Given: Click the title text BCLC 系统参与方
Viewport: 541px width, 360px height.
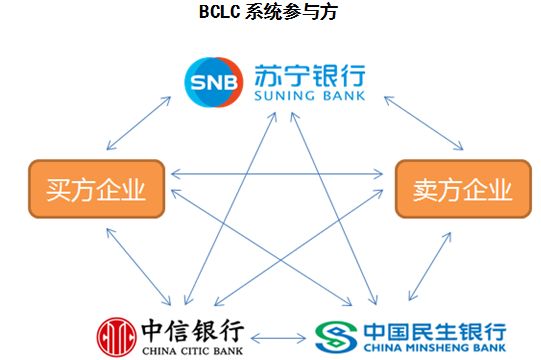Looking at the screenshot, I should tap(271, 13).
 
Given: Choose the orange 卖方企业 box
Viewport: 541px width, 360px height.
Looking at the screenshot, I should tap(454, 187).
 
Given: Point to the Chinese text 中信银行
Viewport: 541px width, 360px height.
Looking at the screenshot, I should tap(194, 329).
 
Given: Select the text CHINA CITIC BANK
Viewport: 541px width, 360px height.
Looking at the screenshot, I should tap(194, 349).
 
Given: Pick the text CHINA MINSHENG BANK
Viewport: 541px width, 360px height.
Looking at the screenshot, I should tap(426, 349).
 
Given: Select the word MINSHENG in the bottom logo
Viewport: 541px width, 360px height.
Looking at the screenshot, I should tap(433, 349).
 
